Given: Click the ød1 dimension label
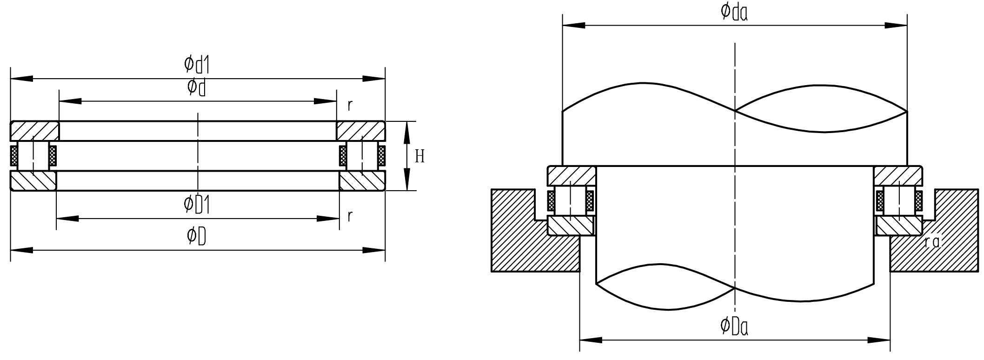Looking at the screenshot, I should point(197,65).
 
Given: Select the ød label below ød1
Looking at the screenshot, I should point(197,87).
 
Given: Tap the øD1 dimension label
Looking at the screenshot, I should point(197,205).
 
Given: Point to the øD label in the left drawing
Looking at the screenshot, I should point(197,236).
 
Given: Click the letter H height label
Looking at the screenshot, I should point(419,156).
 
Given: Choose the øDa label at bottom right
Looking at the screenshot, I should point(734,327).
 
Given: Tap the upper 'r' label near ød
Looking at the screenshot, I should point(350,105).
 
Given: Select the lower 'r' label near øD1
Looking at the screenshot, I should point(350,215).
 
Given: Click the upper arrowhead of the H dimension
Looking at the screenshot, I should point(407,130).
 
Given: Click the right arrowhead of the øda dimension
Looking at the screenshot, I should point(896,25).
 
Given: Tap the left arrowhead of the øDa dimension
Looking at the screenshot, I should point(591,340).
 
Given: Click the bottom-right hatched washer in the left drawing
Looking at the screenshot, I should point(362,181).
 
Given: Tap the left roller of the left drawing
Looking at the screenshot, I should point(33,156).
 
